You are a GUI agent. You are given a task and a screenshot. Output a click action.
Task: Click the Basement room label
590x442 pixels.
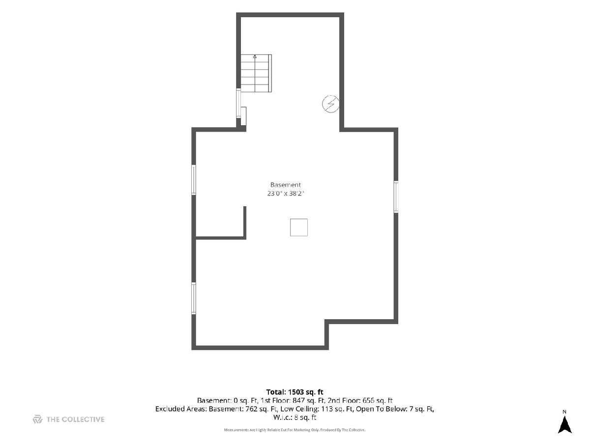click(x=285, y=185)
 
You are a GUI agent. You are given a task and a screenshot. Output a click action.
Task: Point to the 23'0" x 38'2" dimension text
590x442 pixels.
click(x=286, y=193)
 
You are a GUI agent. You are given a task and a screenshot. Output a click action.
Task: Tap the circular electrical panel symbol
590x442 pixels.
click(x=330, y=104)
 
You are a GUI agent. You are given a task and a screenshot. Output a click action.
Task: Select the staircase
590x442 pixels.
click(x=256, y=73)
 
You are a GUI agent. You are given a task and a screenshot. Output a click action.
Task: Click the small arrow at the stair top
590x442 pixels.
click(x=255, y=56)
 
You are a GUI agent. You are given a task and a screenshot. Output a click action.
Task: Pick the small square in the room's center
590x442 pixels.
click(x=298, y=227)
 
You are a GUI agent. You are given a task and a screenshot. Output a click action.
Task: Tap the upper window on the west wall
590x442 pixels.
click(x=194, y=180)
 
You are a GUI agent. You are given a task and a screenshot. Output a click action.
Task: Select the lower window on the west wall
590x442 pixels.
click(x=194, y=298)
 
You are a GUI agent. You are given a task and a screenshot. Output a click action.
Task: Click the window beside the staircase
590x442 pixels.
click(x=238, y=103)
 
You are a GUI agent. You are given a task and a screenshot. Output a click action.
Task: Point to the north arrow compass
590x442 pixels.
click(x=564, y=424)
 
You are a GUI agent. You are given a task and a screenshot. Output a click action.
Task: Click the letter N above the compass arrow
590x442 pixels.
click(x=564, y=412)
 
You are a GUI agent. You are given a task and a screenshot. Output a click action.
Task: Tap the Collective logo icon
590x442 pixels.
click(x=37, y=419)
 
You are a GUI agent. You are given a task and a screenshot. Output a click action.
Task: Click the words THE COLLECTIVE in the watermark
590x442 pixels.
click(x=75, y=419)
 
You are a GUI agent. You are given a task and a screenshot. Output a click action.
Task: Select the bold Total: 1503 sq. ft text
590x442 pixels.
click(x=295, y=392)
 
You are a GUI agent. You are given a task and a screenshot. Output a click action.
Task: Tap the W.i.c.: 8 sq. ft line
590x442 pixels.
click(x=295, y=417)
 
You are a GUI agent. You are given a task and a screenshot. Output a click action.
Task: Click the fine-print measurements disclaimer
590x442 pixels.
click(x=295, y=430)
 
